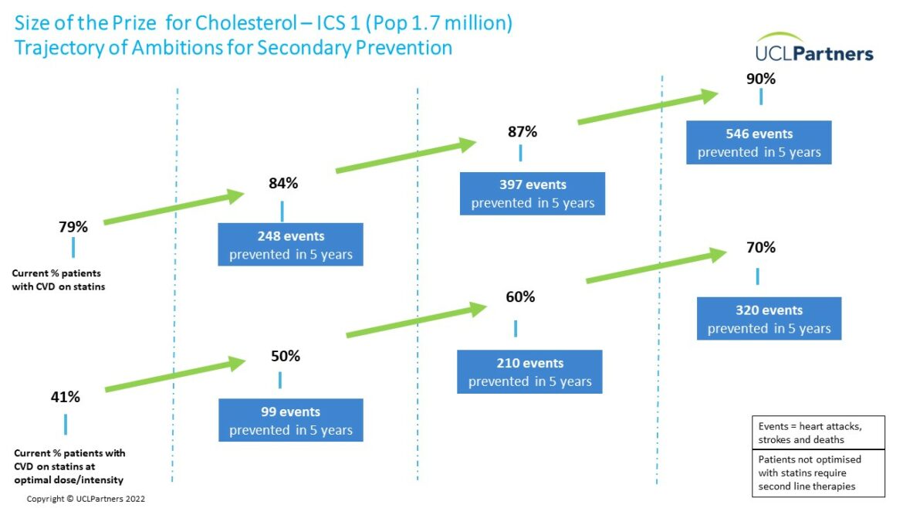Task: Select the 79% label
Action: tap(73, 227)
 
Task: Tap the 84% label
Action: tap(283, 183)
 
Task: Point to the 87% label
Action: tap(523, 132)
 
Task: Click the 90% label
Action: tap(761, 79)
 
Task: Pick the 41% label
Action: tap(65, 397)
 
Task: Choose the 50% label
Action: tap(286, 356)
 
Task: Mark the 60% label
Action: tap(521, 296)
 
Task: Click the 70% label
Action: tap(761, 248)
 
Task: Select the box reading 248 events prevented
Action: tap(290, 245)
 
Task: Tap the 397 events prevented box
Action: tap(532, 194)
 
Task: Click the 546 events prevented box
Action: tap(759, 142)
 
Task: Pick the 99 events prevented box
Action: tap(291, 421)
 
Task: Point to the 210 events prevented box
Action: tap(529, 372)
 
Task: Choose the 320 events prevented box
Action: tap(769, 319)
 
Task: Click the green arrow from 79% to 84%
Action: tap(174, 207)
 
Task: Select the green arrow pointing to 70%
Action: tap(657, 265)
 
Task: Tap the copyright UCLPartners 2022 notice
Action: tap(86, 499)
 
